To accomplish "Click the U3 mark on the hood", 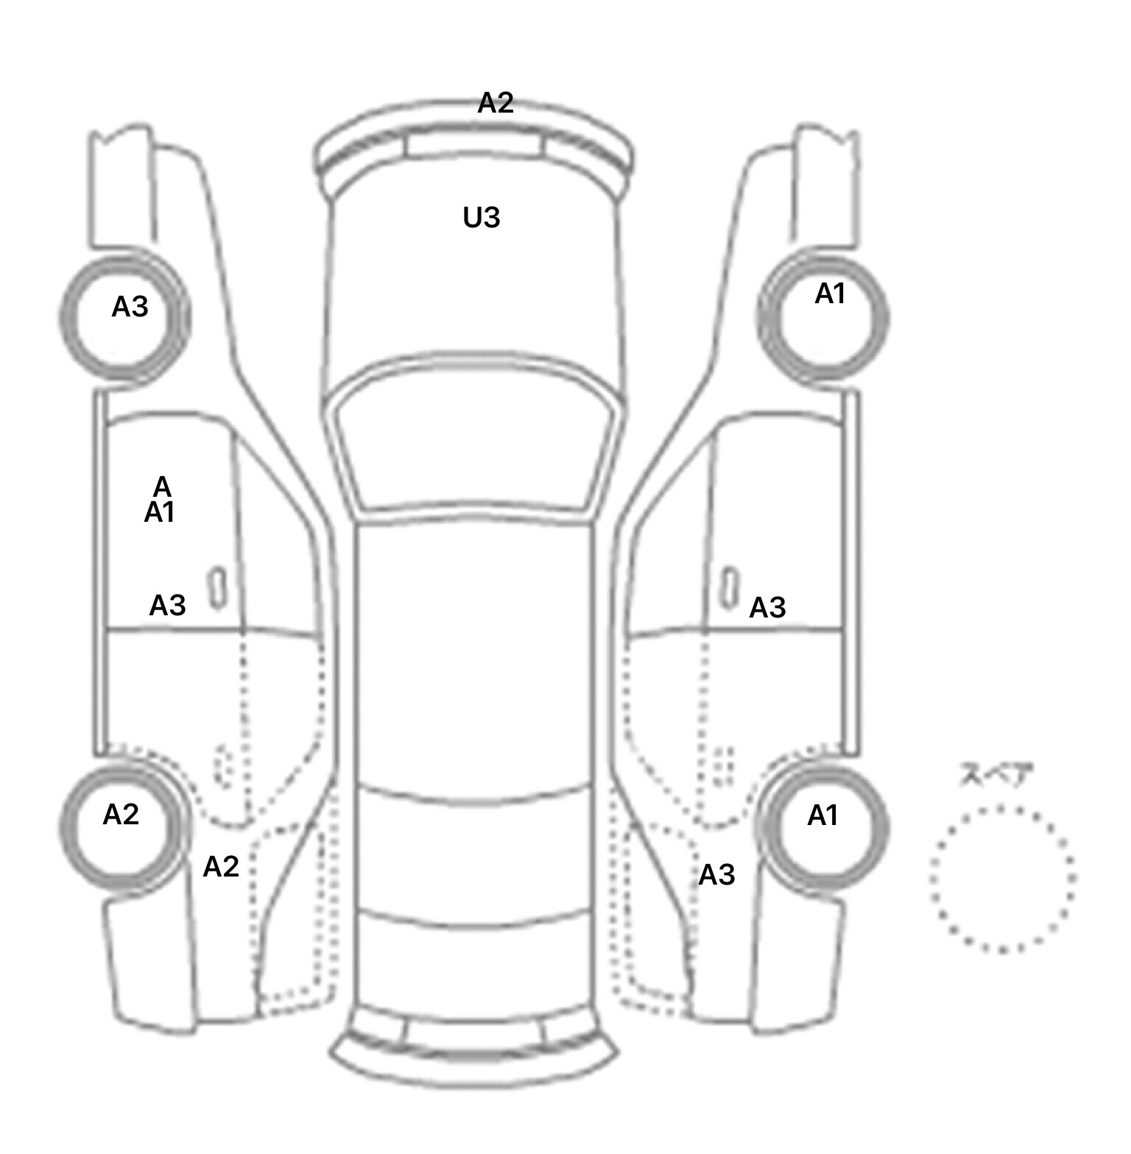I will click(x=482, y=218).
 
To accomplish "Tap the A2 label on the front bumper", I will click(x=495, y=103).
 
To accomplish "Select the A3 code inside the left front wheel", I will click(x=130, y=307).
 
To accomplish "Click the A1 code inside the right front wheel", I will click(x=830, y=294).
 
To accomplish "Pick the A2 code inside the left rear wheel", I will click(x=121, y=815).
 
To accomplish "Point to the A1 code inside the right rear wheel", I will click(x=823, y=815).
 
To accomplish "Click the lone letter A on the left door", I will click(x=162, y=486).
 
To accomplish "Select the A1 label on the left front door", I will click(x=159, y=513).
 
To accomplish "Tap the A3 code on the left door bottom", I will click(x=167, y=606).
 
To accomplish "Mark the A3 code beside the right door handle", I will click(x=767, y=608).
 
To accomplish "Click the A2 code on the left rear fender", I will click(x=221, y=867).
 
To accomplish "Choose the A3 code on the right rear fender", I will click(x=716, y=875).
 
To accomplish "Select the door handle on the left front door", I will click(x=217, y=588).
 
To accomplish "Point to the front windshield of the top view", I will click(x=475, y=442).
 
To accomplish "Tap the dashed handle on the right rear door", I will click(x=725, y=767).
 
